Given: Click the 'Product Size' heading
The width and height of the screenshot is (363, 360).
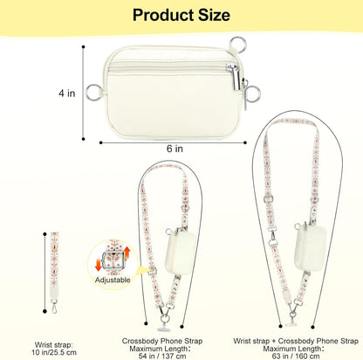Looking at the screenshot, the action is (x=181, y=15).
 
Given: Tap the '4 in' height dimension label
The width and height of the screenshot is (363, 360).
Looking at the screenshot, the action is (x=67, y=93).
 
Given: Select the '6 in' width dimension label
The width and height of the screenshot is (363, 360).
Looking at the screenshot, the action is (x=175, y=149).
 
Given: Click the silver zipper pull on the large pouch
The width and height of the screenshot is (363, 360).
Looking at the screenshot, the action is (x=234, y=77).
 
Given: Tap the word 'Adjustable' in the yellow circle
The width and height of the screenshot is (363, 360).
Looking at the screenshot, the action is (x=113, y=280).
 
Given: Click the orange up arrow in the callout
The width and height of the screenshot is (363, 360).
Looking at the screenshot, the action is (x=127, y=253).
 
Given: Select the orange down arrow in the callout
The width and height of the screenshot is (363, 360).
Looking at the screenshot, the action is (x=99, y=264).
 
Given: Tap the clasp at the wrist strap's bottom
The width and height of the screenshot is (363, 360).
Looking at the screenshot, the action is (x=54, y=306).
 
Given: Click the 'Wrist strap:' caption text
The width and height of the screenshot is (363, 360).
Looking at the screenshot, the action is (x=54, y=345).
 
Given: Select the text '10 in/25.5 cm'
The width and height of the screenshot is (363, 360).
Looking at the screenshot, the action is (x=54, y=352).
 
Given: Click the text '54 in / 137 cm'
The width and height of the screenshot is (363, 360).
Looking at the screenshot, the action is (x=162, y=356).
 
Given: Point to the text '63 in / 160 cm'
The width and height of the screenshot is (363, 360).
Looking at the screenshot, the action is (x=296, y=356).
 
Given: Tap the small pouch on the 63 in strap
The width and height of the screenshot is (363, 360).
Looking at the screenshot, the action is (x=311, y=246).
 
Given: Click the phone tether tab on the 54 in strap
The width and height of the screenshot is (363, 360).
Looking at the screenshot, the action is (x=164, y=329).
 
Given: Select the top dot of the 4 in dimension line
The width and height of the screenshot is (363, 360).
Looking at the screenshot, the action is (x=84, y=46).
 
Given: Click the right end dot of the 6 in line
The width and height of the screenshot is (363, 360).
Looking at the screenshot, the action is (x=245, y=142).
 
